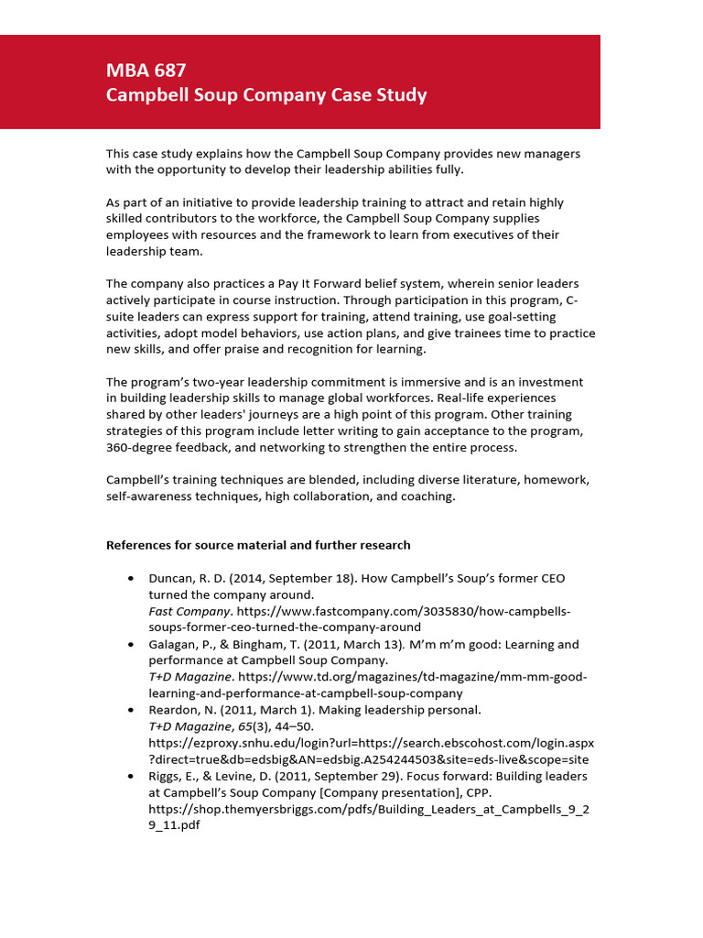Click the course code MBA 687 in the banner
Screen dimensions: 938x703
146,71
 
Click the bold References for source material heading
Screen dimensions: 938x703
258,545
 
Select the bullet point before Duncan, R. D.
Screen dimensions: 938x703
132,579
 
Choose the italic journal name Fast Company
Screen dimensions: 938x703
190,611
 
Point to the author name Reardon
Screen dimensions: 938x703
174,710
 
